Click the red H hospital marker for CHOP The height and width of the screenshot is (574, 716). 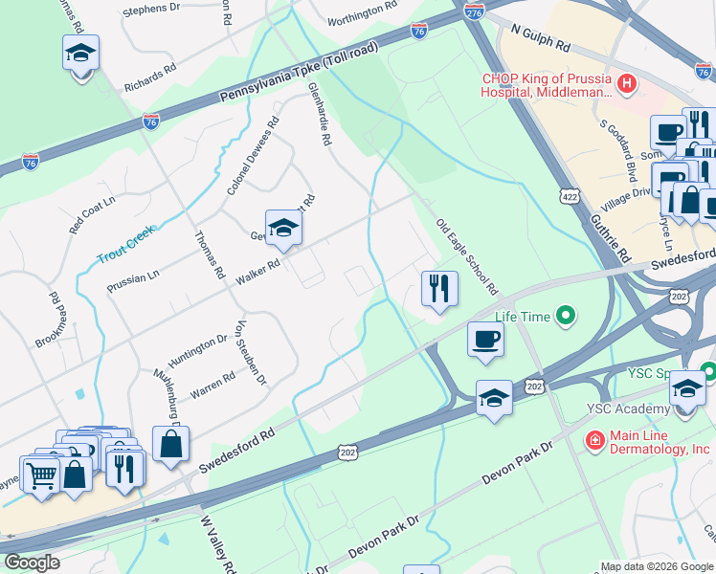(627, 84)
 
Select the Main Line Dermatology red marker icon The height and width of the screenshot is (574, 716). (594, 440)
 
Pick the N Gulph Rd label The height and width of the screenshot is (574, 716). (540, 39)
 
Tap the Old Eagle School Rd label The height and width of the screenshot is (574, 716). (467, 256)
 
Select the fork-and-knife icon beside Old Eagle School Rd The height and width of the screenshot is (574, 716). (439, 289)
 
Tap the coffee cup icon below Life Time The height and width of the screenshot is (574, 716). (486, 339)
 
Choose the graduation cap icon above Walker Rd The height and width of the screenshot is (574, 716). (283, 228)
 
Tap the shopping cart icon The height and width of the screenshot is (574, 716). (41, 473)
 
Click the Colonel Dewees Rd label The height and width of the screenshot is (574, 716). (253, 157)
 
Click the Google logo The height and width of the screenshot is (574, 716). (33, 563)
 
